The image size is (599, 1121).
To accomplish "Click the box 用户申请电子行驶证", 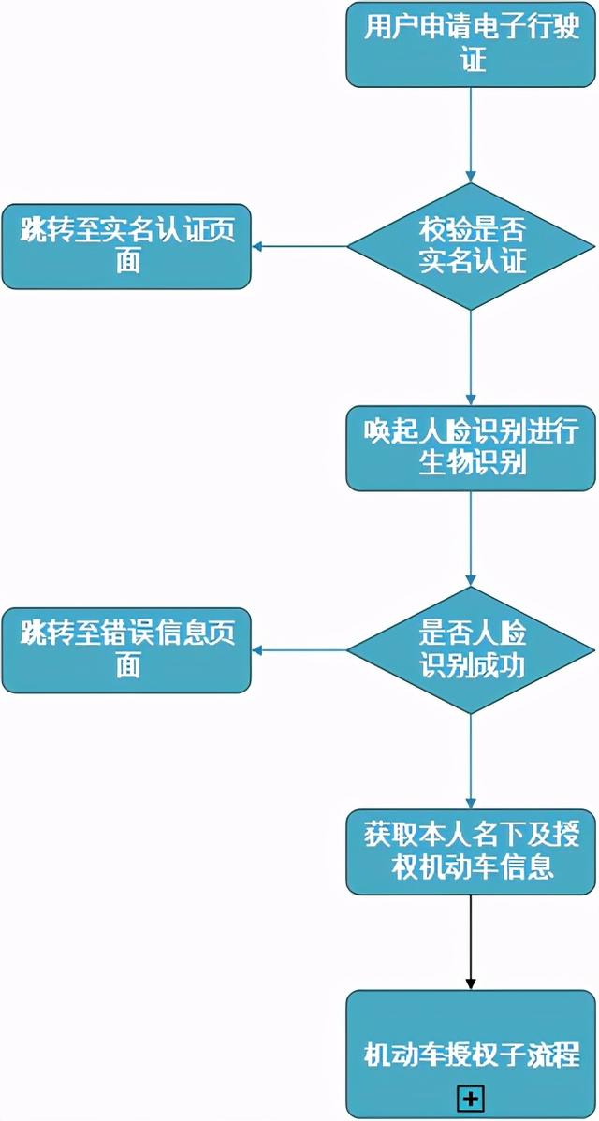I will [x=471, y=44].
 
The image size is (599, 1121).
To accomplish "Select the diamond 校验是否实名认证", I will [x=471, y=246].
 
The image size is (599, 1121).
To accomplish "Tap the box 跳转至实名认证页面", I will [x=126, y=246].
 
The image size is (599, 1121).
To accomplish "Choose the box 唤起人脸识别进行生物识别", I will [x=471, y=448].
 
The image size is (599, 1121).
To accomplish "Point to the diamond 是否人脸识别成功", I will [x=471, y=650].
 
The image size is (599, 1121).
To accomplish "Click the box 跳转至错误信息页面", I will [x=126, y=650].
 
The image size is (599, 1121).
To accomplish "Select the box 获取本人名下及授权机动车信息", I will [x=471, y=852].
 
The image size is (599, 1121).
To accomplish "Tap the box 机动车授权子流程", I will [x=471, y=1054].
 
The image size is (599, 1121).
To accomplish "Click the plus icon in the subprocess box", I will [x=470, y=1098].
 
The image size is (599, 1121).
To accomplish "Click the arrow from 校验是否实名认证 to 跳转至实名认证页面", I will [x=299, y=247].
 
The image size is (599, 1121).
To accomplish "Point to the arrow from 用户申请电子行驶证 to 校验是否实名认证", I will [x=471, y=131].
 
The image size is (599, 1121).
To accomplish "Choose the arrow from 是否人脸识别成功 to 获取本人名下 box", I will [x=471, y=760].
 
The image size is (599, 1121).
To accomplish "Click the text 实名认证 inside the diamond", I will [x=472, y=261].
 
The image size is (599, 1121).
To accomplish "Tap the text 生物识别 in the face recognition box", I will [x=472, y=463].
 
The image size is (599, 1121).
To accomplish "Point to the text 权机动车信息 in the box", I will [x=472, y=867].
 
